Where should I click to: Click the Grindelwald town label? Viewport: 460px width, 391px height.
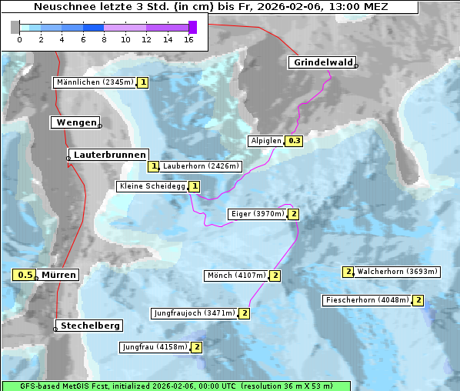(322, 62)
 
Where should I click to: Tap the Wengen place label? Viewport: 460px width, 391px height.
(75, 122)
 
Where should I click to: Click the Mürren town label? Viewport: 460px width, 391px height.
(58, 275)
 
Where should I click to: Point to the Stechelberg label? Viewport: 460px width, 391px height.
(91, 326)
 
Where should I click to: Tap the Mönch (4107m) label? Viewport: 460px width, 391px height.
(236, 276)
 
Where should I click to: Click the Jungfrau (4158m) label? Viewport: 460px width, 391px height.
(155, 347)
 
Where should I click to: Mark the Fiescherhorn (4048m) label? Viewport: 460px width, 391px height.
(367, 300)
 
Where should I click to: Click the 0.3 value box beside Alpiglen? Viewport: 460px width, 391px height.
(294, 141)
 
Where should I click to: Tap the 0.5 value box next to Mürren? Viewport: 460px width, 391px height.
(25, 275)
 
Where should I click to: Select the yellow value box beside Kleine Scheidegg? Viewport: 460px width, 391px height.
(195, 186)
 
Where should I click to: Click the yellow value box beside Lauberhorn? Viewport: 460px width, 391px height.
(154, 166)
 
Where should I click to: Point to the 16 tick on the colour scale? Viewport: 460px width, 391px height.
(188, 39)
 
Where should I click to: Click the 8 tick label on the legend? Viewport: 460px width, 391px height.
(104, 39)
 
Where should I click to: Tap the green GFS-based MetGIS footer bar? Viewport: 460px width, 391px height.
(175, 386)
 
